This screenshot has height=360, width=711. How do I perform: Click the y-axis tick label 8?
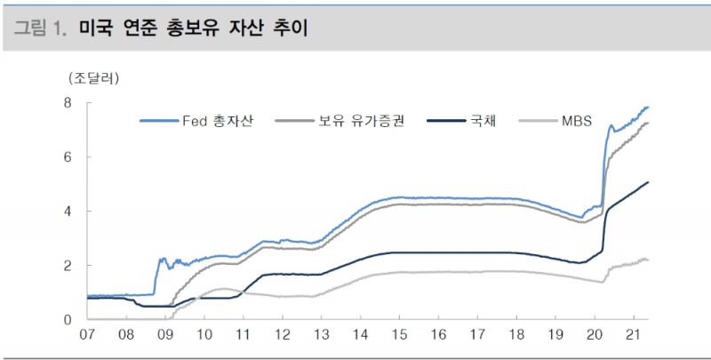coord(68,103)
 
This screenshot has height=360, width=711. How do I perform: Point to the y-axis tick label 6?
coord(68,157)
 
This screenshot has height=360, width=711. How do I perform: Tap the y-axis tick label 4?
coord(68,212)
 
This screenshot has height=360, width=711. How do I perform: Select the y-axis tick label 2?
coord(68,266)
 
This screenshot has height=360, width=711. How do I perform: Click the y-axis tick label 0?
coord(68,319)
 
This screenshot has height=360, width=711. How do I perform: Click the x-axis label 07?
coord(87,336)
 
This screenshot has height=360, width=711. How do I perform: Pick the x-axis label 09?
coord(166,336)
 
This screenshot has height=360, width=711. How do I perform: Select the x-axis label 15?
coord(400,336)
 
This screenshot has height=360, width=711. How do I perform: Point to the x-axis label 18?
coord(517,336)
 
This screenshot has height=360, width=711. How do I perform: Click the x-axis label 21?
coord(635,336)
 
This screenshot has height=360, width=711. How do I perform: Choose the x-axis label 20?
coord(595,336)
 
